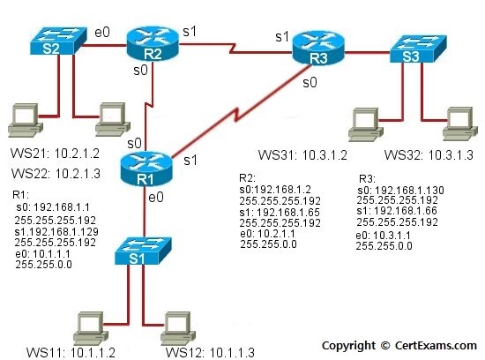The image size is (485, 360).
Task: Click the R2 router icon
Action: pos(153,44)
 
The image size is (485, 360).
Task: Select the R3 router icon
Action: pos(318,49)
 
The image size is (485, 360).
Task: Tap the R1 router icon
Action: pos(145,169)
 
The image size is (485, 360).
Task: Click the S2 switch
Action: pos(58,41)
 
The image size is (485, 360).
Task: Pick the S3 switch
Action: pos(418,49)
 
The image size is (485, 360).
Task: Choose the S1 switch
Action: pos(143,251)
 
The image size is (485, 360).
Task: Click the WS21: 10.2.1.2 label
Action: pos(55,154)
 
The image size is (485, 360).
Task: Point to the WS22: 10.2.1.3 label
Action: pos(56,173)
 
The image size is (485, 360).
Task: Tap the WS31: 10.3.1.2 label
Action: pos(302,155)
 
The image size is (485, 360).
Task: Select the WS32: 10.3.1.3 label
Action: pos(429,155)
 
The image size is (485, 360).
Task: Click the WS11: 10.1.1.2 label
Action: pos(71,353)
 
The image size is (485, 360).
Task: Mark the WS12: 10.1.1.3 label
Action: pos(210,353)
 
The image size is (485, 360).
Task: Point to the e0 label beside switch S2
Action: pos(102,32)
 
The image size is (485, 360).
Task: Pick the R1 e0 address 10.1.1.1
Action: pos(51,254)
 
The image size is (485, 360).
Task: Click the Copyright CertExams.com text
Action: pos(399,346)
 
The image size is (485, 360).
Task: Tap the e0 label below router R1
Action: pos(156,198)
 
